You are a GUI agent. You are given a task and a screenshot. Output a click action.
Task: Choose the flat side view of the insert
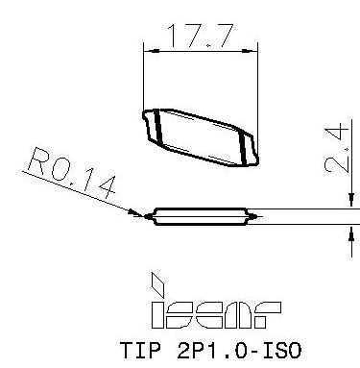(x=201, y=215)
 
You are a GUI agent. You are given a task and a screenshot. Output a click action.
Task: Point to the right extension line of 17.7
(x=259, y=86)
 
